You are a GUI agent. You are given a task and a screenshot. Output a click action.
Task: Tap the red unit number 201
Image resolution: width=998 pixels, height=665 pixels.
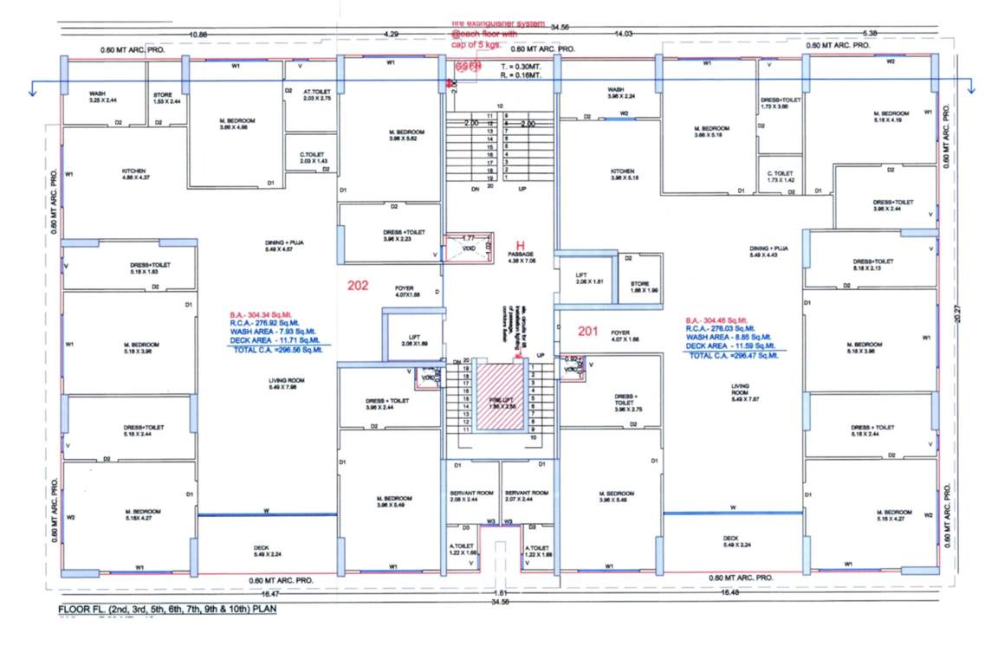coord(588,330)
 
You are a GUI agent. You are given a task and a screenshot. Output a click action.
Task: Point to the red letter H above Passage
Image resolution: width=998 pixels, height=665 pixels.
coord(521,245)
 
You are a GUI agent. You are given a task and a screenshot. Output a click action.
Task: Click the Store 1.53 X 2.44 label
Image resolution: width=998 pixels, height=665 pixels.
coord(166,98)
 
